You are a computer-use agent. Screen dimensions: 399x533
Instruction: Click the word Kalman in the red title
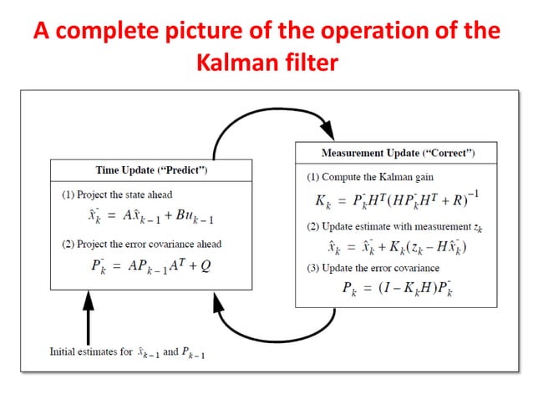[x=231, y=62]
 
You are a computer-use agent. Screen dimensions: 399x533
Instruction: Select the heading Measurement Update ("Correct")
[x=398, y=154]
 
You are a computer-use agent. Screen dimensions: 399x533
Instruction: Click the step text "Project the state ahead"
[x=117, y=194]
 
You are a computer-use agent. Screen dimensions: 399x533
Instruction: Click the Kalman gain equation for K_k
[x=398, y=201]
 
